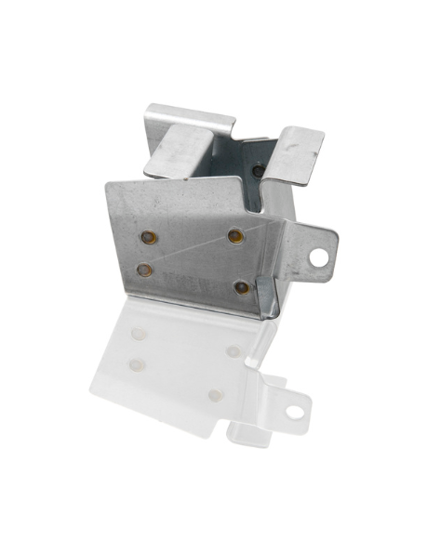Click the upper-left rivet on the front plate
[x=149, y=237]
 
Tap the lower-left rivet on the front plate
[x=145, y=270]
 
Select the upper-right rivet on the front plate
[x=236, y=236]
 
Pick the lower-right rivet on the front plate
[x=242, y=287]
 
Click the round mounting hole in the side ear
[x=319, y=257]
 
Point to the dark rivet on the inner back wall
[x=258, y=171]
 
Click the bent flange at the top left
[x=186, y=139]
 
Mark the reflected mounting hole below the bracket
[x=295, y=411]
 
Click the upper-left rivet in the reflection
[x=139, y=333]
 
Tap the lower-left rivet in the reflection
[x=137, y=362]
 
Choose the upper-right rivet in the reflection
[x=233, y=350]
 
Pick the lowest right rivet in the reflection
[x=216, y=395]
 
